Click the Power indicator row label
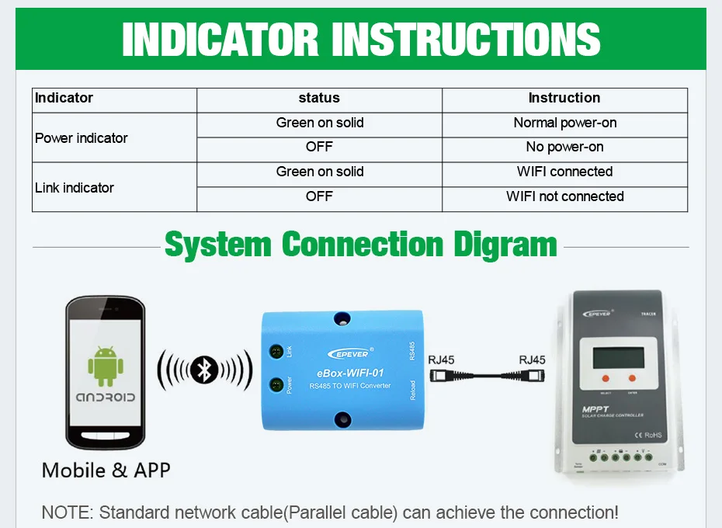[x=82, y=138]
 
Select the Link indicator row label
[x=75, y=188]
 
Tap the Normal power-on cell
[x=564, y=123]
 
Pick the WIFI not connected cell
[x=564, y=196]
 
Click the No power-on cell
[x=564, y=147]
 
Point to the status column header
[x=319, y=98]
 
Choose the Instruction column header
[x=564, y=98]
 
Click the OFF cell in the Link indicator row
[x=319, y=196]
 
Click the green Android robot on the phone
[x=103, y=365]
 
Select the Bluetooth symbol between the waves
[x=205, y=370]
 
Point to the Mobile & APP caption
[x=106, y=470]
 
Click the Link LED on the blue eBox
[x=276, y=352]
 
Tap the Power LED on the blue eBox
[x=276, y=384]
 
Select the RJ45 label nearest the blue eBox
[x=442, y=360]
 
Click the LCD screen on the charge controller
[x=618, y=358]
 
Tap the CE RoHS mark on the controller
[x=647, y=435]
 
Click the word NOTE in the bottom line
[x=64, y=512]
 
